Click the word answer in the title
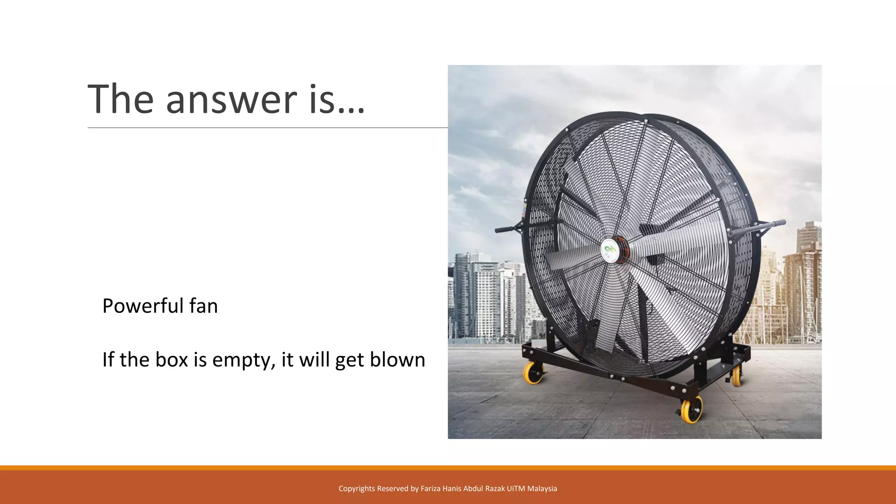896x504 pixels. [231, 100]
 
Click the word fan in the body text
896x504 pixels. [203, 306]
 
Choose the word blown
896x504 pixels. [397, 360]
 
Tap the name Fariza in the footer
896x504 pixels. [430, 489]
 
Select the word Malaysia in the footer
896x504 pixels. [542, 489]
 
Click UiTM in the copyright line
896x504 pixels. [516, 489]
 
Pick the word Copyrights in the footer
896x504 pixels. [357, 489]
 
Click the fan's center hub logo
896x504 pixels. [609, 250]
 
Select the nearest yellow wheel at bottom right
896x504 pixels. [692, 410]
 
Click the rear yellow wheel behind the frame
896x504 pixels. [736, 376]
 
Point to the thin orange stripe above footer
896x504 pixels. [448, 468]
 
